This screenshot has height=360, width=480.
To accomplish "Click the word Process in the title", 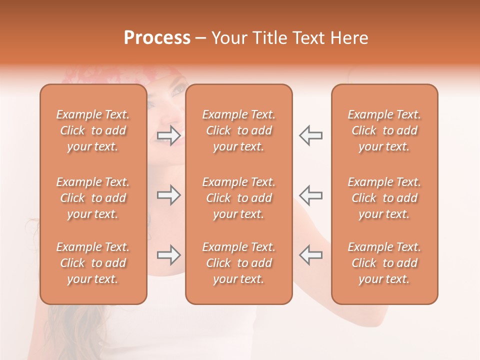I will [x=157, y=38].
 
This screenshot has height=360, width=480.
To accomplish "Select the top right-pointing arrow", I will [x=169, y=135].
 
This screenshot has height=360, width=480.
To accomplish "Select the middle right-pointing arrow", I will [x=169, y=195].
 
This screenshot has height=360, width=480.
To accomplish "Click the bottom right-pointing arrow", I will [x=169, y=255].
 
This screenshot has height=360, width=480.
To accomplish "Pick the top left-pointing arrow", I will [x=310, y=135].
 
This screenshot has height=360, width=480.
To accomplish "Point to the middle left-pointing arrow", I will [x=310, y=195].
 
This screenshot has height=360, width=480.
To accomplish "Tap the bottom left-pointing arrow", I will [x=310, y=255].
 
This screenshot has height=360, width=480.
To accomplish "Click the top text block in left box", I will [x=93, y=130].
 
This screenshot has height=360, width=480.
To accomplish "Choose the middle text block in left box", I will [x=93, y=198].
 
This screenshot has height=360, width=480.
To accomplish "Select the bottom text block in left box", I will [x=93, y=263].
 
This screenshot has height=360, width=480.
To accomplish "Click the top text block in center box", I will [x=238, y=130].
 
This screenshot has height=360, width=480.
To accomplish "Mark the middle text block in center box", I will [x=238, y=198].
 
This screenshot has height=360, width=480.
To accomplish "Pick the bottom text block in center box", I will [x=238, y=263].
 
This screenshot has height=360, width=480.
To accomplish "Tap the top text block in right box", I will [x=384, y=130].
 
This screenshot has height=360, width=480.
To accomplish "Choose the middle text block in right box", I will [x=384, y=198].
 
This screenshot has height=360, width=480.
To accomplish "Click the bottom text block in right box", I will [x=384, y=263].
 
